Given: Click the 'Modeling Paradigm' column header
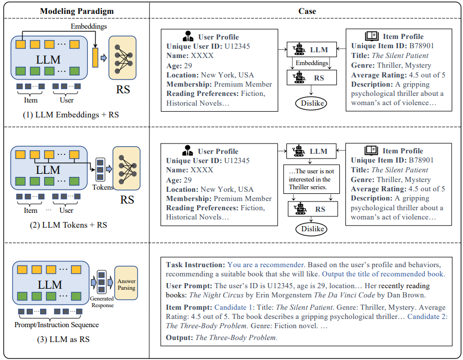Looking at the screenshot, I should (76, 11).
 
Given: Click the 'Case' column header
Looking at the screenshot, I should (307, 11).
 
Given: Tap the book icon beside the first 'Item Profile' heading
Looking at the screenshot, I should (372, 36).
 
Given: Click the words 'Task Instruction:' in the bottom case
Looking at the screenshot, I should (196, 265).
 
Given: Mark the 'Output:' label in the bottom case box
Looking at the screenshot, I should (180, 337).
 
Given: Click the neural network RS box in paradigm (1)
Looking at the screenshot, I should (123, 57).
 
